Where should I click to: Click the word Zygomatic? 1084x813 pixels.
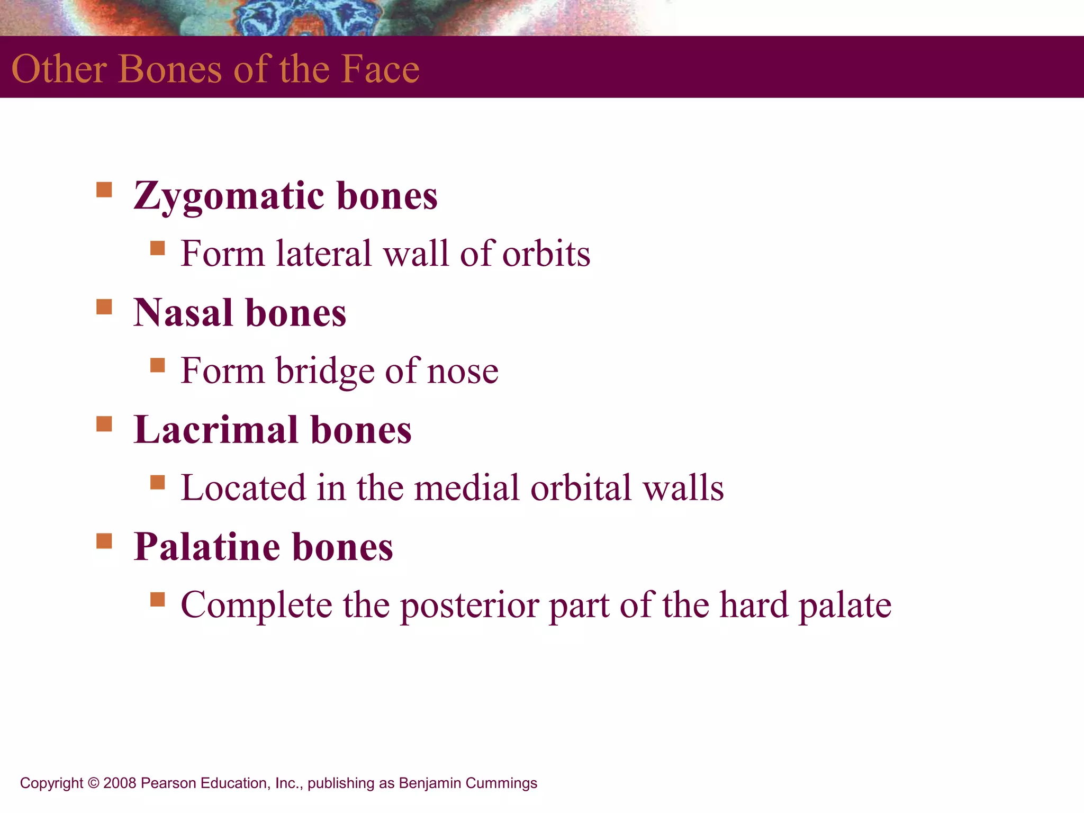229,196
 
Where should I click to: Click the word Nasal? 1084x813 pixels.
183,313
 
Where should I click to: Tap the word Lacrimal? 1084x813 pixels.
215,430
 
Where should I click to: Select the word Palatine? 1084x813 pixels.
206,547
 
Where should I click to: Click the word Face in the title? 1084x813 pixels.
380,69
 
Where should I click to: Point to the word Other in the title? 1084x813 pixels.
59,69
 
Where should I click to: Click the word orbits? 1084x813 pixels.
546,254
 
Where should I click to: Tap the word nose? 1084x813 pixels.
463,371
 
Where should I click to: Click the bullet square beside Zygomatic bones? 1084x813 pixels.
104,189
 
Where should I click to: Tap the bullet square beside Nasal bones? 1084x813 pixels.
104,306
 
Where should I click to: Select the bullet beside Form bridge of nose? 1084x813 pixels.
158,365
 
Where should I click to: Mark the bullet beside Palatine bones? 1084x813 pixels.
104,541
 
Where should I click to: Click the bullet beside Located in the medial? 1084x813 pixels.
158,482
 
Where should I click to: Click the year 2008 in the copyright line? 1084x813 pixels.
120,783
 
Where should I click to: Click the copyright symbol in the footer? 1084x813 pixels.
93,783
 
